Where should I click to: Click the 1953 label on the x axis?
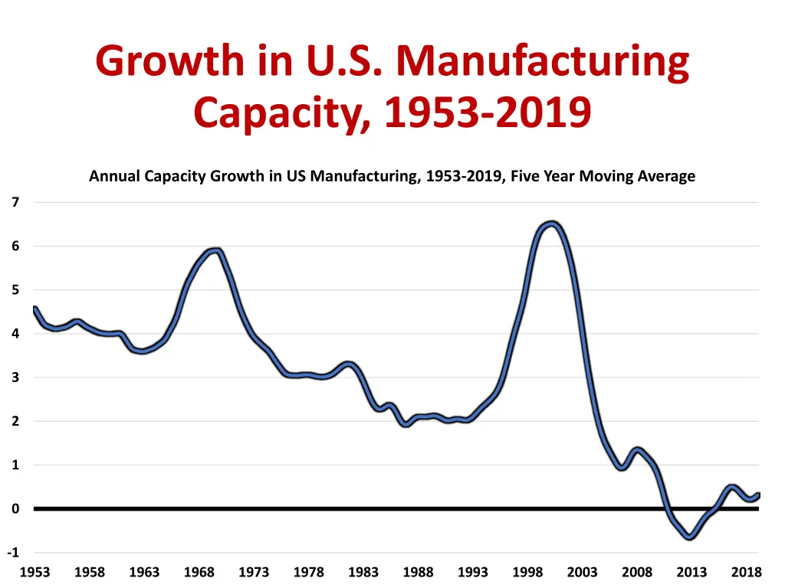34,572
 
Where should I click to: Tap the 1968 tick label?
199,572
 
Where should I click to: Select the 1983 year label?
363,572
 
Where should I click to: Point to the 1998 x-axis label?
527,572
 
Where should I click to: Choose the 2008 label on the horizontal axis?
637,572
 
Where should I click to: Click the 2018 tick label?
747,572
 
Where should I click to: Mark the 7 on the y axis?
15,202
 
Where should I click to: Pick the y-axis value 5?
15,290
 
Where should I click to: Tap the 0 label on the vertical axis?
15,509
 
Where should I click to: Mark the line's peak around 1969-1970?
217,250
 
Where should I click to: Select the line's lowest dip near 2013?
691,537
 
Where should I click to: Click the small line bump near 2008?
637,450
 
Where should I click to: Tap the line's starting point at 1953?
34,309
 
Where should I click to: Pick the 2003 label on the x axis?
583,572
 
